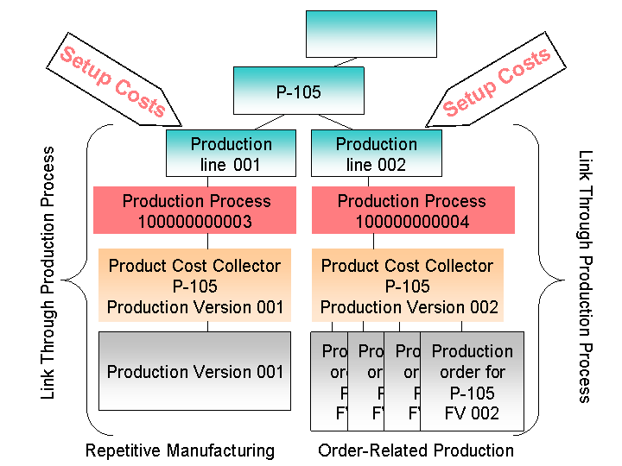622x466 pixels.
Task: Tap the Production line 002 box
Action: tap(376, 154)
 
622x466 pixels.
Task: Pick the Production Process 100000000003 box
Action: tap(196, 211)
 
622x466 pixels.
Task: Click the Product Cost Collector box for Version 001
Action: tap(195, 286)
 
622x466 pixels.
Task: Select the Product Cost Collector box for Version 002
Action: tap(409, 286)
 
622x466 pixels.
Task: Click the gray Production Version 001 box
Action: tap(195, 372)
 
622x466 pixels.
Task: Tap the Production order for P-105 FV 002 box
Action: tap(472, 381)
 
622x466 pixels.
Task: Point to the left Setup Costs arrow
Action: tap(117, 82)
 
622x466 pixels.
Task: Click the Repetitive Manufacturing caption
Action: tap(180, 450)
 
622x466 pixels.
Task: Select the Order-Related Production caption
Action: tap(416, 450)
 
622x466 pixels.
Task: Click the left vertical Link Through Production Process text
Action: tap(49, 273)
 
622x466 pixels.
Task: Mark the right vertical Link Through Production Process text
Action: tap(586, 276)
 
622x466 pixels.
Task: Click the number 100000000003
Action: tap(196, 222)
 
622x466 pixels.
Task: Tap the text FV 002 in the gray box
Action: tap(472, 413)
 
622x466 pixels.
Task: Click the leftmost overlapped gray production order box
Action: tap(329, 381)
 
